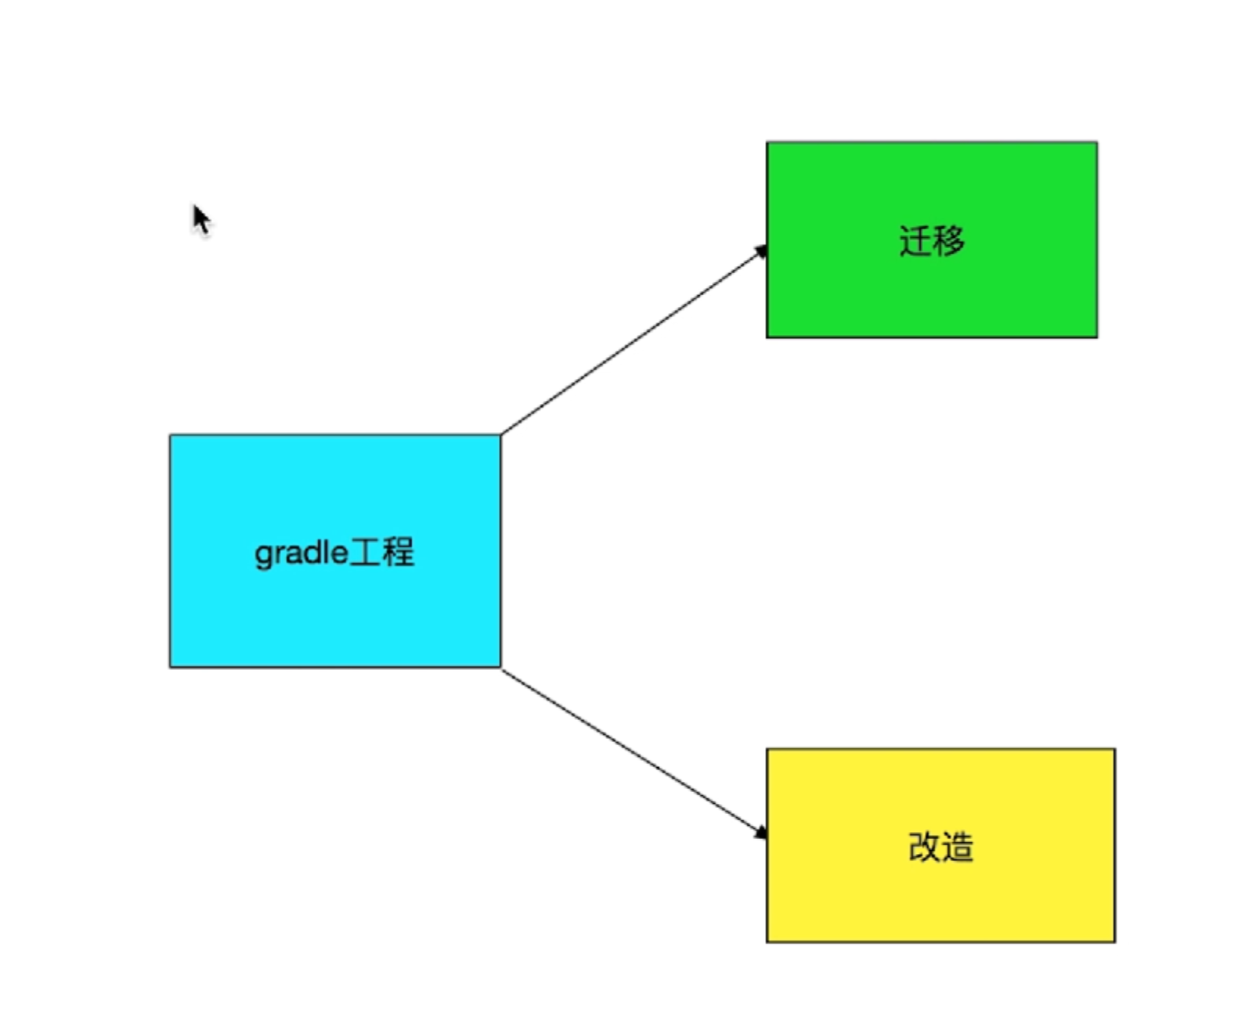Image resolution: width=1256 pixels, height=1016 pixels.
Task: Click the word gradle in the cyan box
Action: (x=301, y=553)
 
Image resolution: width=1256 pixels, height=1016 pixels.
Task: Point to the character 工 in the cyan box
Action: (x=365, y=553)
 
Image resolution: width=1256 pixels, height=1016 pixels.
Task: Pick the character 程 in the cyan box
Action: (x=398, y=553)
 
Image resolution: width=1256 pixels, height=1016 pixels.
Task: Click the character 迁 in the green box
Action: (x=915, y=240)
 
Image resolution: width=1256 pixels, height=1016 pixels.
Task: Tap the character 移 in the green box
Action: (x=949, y=240)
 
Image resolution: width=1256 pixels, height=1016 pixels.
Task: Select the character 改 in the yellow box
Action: (x=924, y=847)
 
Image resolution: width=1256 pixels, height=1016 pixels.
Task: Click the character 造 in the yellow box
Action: (x=958, y=847)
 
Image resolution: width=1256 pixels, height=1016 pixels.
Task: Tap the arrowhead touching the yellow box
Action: (x=760, y=833)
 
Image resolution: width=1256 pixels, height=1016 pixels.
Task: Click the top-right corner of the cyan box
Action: (x=500, y=435)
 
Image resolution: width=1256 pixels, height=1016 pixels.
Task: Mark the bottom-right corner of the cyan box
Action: (x=500, y=667)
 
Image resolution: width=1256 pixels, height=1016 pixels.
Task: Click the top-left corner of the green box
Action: (x=767, y=142)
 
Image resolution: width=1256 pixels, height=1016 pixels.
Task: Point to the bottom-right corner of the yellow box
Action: (x=1114, y=942)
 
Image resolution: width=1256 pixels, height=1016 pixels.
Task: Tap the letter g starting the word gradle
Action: (x=262, y=555)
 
